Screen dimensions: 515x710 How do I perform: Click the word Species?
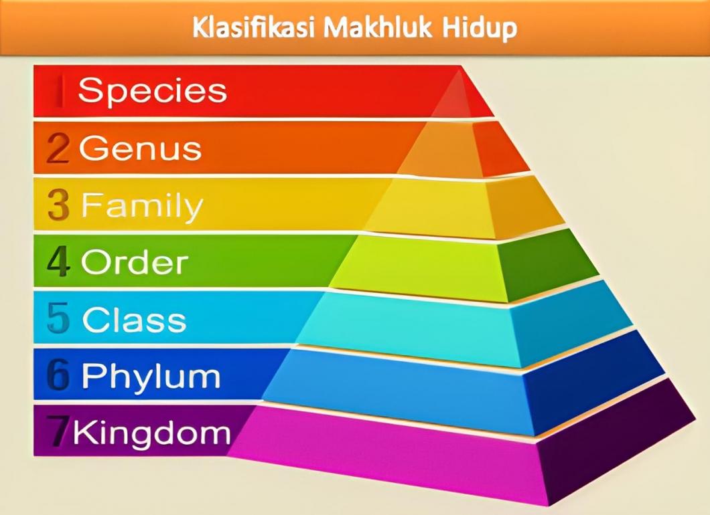pos(152,91)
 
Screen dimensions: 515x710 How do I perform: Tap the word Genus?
pos(140,148)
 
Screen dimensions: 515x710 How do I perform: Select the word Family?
pos(141,206)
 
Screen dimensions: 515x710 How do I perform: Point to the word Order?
pos(134,263)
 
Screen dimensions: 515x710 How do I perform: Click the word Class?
pos(134,320)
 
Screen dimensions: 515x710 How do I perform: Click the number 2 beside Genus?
pos(58,149)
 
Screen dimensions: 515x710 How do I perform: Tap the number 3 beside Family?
pos(59,206)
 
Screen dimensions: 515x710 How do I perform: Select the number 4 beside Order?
pos(58,263)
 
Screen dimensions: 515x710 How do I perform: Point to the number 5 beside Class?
pos(58,320)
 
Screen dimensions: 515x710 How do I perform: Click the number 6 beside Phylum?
pos(58,377)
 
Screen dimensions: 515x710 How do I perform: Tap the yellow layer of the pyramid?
pos(435,207)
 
